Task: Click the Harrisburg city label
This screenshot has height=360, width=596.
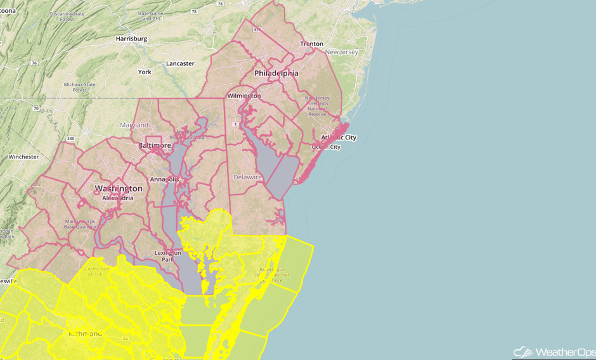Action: click(131, 39)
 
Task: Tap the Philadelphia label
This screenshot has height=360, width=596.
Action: click(276, 74)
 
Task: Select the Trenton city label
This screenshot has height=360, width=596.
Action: click(312, 44)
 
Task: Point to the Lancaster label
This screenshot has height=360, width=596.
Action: click(180, 64)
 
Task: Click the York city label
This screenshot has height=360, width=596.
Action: click(145, 72)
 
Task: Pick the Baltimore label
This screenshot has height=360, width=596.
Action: click(154, 145)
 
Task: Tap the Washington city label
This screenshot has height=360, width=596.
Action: click(119, 189)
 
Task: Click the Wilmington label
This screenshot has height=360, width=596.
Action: click(244, 96)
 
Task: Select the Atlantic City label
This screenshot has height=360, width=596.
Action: click(339, 138)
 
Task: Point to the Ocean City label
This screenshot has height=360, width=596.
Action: click(326, 147)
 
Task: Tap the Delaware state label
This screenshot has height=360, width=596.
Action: click(247, 177)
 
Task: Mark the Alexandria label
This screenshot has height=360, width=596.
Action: click(118, 198)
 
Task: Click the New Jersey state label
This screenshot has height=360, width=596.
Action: click(341, 52)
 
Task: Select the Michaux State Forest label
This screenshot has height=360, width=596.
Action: click(79, 87)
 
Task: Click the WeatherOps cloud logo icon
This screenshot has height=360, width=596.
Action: click(522, 351)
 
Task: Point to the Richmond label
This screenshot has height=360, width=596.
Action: click(85, 333)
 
